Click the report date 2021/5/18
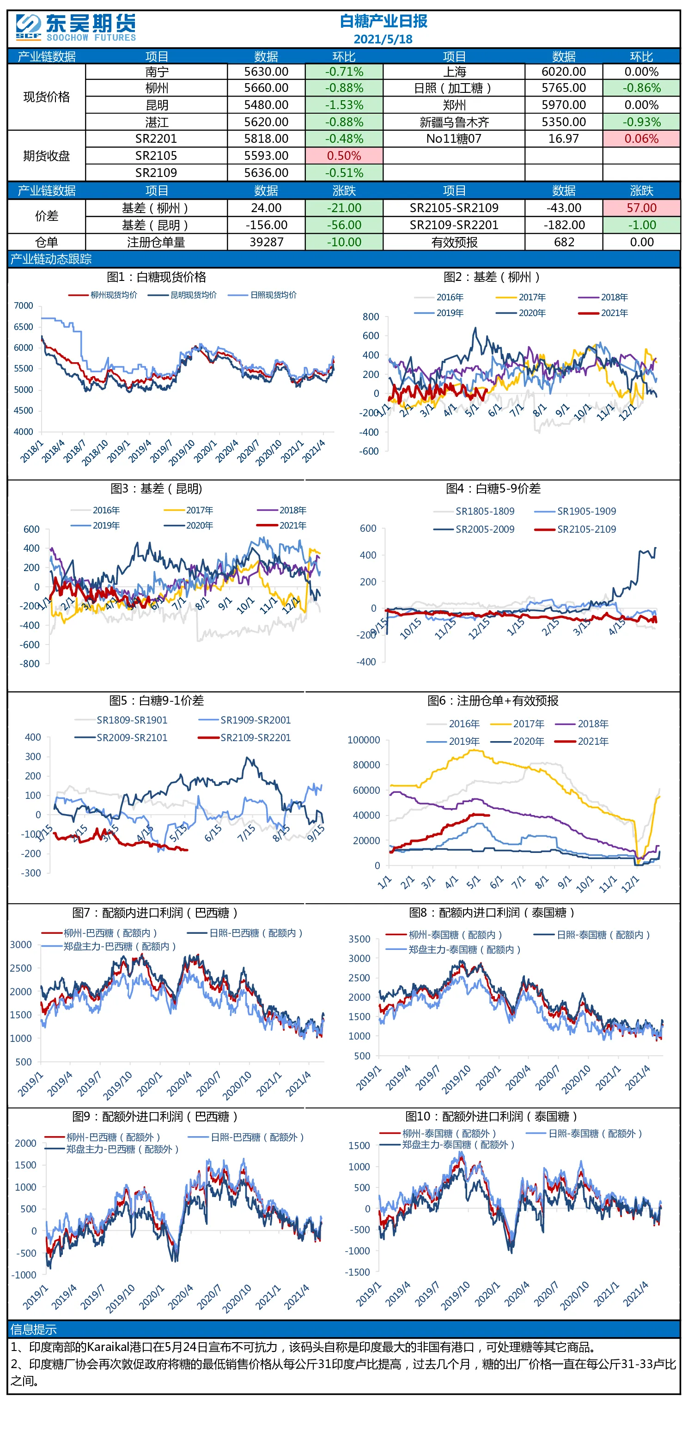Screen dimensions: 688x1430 coord(383,39)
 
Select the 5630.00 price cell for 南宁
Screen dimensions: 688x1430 coord(266,72)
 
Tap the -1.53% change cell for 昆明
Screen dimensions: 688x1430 coord(344,105)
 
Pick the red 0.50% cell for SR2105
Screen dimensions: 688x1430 coord(344,156)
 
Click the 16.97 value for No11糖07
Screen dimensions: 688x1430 coord(564,139)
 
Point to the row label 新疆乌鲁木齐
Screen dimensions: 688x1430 coord(454,122)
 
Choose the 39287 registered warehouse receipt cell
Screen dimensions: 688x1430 coord(266,242)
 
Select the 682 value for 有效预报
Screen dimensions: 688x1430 coord(564,242)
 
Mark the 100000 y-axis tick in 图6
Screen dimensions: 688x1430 coord(364,740)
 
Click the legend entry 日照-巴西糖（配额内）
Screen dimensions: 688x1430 coord(245,933)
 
